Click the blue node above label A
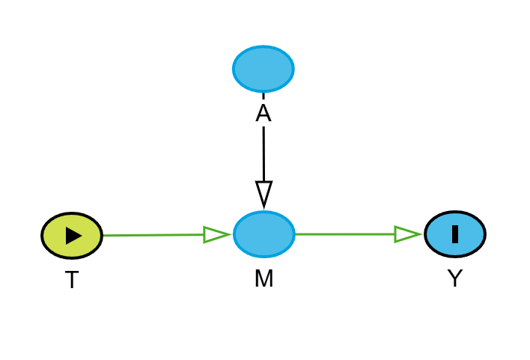pos(264,69)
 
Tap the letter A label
pos(264,114)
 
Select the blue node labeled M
pos(264,234)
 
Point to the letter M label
pos(264,279)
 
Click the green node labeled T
pos(72,236)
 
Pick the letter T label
pos(72,281)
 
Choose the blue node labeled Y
pos(455,234)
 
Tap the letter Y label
pos(455,279)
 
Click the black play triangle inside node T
pos(73,236)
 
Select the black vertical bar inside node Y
pos(455,234)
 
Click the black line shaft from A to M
pos(264,153)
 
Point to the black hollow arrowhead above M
pos(264,192)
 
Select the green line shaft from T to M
pos(153,235)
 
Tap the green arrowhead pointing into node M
pos(216,235)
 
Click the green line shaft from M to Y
pos(344,234)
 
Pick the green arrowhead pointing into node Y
pos(406,234)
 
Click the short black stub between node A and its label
pos(264,96)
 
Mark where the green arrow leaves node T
pos(104,236)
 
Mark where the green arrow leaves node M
pos(296,234)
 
